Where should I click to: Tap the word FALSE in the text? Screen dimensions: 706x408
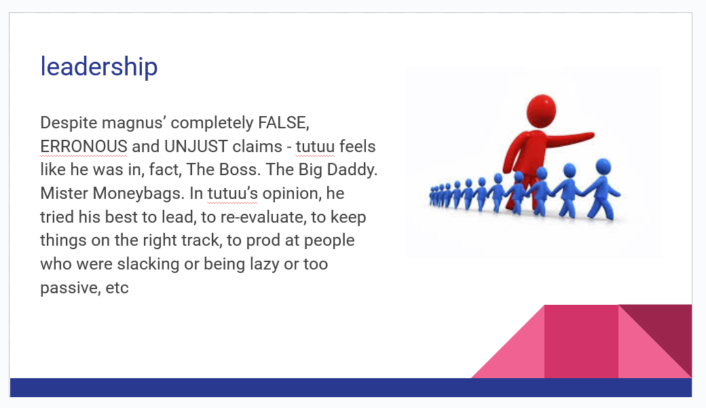[283, 122]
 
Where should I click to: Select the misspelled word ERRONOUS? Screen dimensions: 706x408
[83, 147]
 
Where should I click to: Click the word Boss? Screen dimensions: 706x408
[240, 170]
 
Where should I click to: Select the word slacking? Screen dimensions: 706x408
[148, 264]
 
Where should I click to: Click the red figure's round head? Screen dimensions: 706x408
[541, 111]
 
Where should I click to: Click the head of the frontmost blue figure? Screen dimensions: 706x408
[603, 166]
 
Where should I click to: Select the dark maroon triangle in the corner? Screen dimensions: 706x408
[667, 328]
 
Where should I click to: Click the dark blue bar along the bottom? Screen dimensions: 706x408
[351, 387]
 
